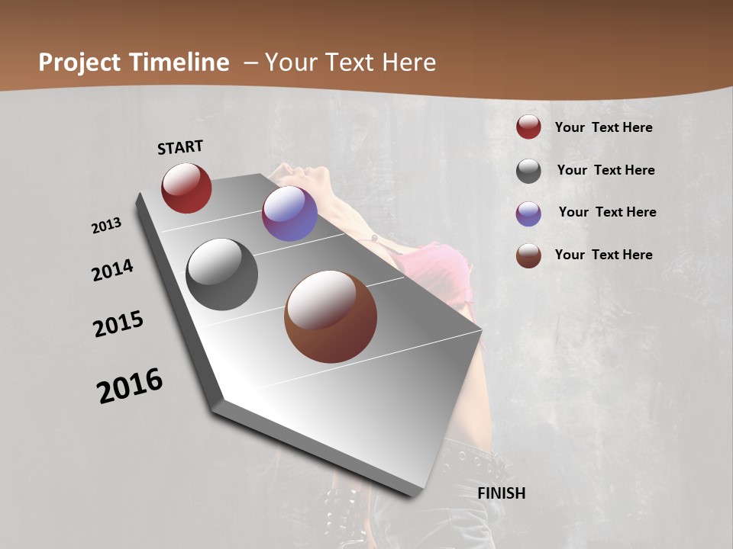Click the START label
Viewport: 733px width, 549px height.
click(x=180, y=147)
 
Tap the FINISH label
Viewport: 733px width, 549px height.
click(x=501, y=493)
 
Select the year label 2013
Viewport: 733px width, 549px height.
click(x=106, y=226)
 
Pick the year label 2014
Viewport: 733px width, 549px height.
click(x=113, y=271)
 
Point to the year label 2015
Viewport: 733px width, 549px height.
click(x=118, y=324)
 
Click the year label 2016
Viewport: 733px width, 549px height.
click(x=130, y=385)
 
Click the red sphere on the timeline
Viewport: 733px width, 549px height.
click(x=186, y=188)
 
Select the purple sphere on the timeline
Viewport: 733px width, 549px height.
click(x=289, y=213)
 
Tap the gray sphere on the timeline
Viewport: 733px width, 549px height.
click(x=222, y=274)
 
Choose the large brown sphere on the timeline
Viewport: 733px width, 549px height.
click(x=331, y=316)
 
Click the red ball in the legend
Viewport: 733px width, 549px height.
click(x=528, y=127)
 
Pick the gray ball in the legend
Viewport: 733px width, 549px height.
click(x=528, y=171)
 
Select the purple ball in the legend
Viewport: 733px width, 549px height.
click(x=528, y=213)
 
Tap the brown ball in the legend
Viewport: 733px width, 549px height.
click(x=528, y=255)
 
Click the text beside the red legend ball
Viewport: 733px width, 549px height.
click(x=603, y=127)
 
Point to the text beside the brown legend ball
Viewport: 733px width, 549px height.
click(x=603, y=255)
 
